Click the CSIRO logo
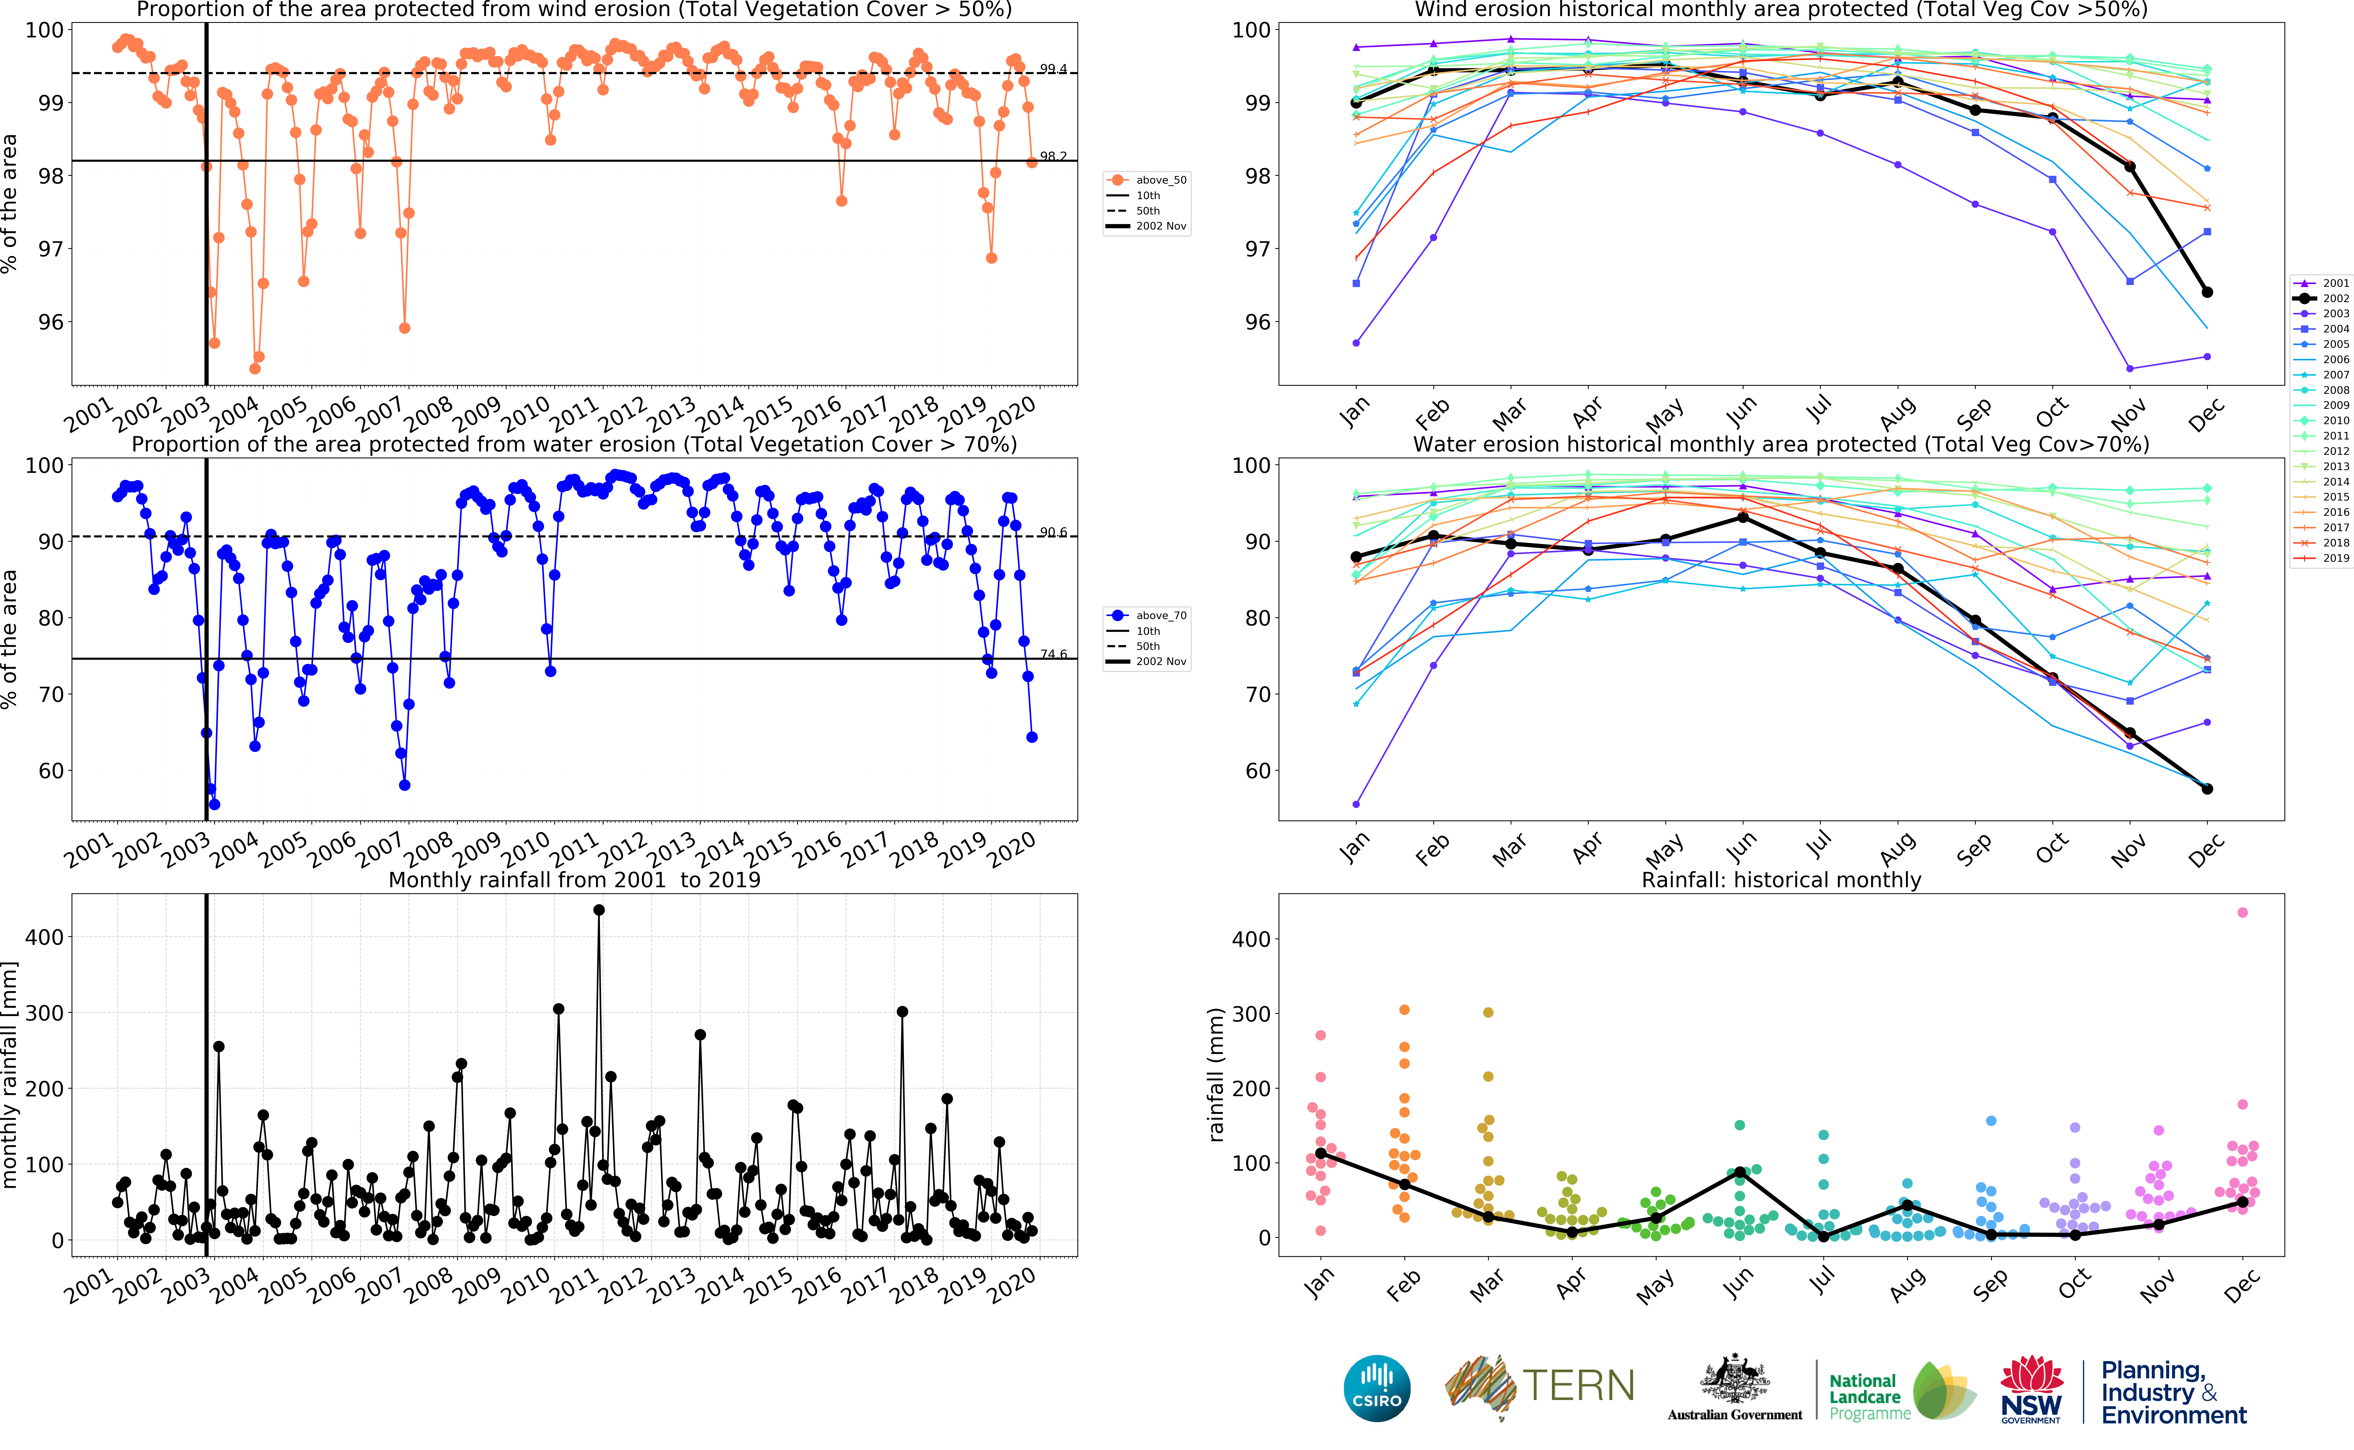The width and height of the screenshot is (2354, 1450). (1377, 1388)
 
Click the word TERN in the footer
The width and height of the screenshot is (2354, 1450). (1578, 1386)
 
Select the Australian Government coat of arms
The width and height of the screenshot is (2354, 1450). (1735, 1379)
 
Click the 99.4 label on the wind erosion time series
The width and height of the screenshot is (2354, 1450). (1053, 69)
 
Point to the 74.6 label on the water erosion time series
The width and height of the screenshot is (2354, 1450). (1053, 654)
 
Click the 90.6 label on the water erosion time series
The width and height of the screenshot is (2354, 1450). (1053, 532)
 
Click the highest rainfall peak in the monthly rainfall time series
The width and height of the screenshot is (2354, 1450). (599, 910)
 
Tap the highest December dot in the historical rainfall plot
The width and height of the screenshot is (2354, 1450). (2242, 912)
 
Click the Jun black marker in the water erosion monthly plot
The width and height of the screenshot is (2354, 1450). (1742, 518)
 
